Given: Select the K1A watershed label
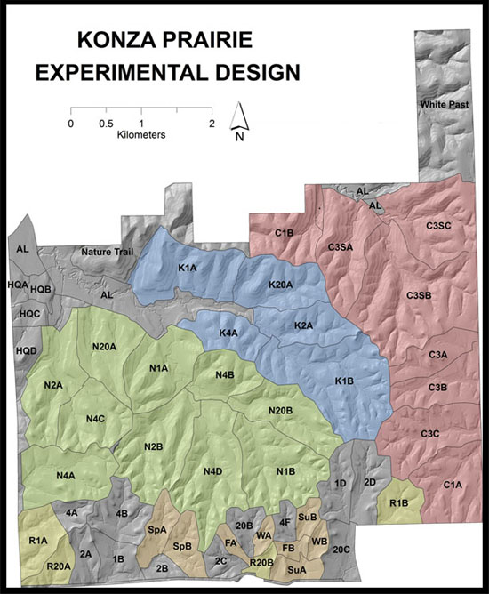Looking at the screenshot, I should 187,268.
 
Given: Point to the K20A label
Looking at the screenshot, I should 281,284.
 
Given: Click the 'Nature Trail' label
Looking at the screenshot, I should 107,252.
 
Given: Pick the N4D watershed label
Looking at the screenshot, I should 213,470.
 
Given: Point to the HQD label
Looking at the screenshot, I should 26,352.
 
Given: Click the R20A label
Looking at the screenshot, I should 59,566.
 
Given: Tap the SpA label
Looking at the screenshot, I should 157,529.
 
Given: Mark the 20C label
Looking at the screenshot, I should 341,550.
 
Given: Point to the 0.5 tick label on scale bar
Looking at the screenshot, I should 106,123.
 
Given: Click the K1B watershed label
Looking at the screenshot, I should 344,381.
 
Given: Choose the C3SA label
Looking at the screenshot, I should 342,247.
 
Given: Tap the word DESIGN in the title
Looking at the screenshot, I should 250,71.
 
